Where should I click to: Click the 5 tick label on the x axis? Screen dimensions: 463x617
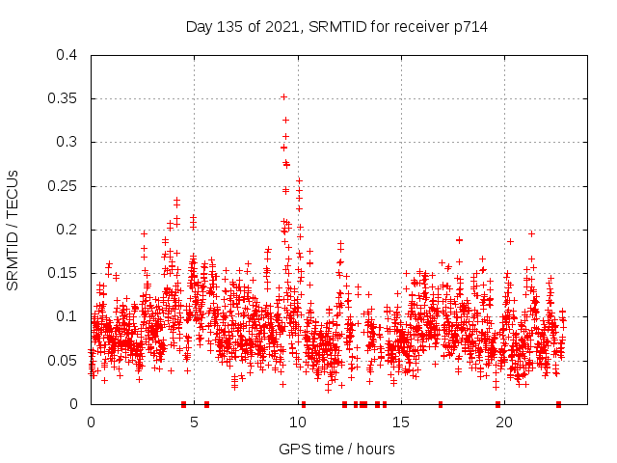[194, 422]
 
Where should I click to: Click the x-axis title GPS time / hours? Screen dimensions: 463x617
[336, 449]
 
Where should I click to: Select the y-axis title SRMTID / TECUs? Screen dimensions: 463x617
[13, 230]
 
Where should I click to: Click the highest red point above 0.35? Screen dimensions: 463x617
[283, 96]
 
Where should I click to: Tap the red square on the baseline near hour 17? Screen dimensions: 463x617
[441, 404]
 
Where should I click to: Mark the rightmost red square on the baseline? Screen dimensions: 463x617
[558, 404]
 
